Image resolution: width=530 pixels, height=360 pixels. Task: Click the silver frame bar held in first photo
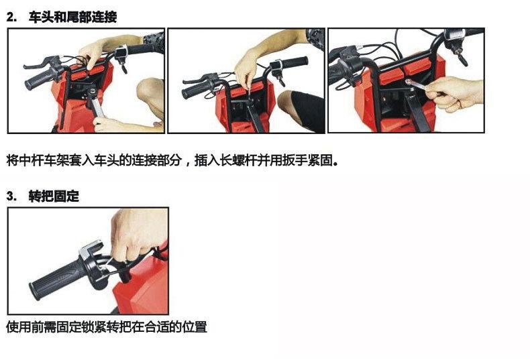click(94, 107)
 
